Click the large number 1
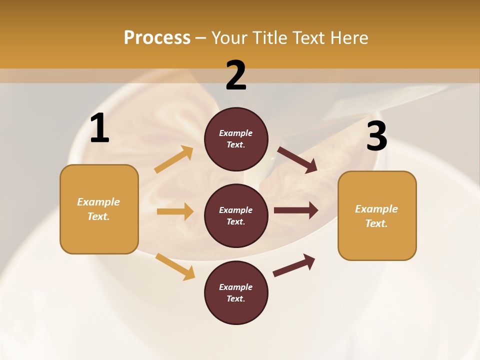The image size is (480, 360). (x=99, y=128)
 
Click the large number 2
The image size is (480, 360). (x=236, y=75)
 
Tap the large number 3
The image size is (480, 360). (x=376, y=136)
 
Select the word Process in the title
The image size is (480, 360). (x=157, y=37)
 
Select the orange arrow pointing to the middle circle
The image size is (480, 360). (x=175, y=211)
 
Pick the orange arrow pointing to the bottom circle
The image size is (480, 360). (x=175, y=266)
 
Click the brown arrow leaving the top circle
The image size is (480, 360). (x=297, y=160)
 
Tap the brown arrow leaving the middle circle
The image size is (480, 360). (x=295, y=210)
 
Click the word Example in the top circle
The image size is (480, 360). (x=236, y=133)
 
